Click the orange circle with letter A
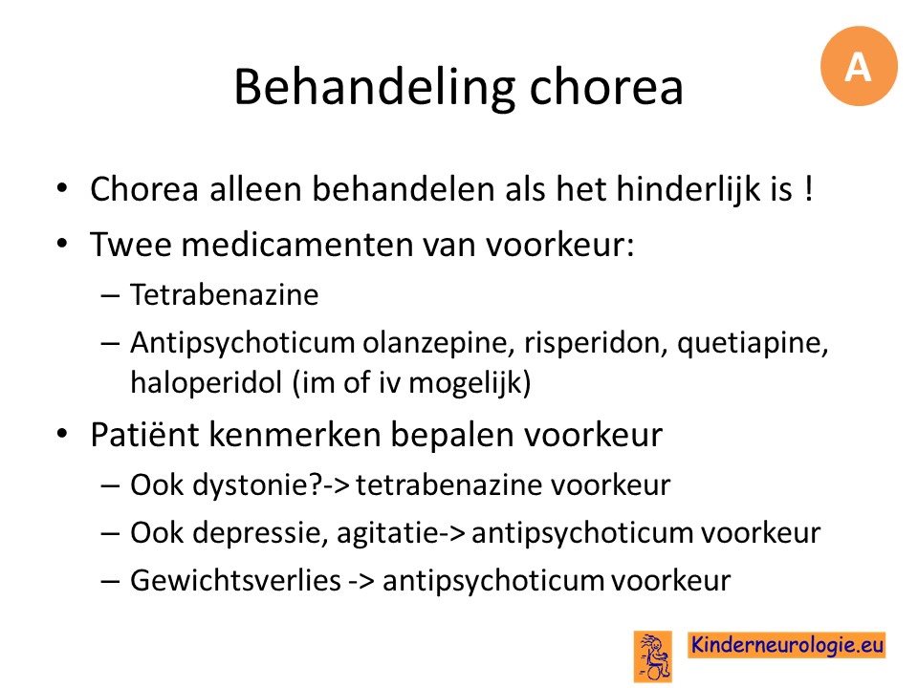[x=859, y=66]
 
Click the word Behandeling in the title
[x=374, y=87]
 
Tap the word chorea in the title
[x=606, y=87]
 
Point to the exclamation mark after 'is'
[x=809, y=189]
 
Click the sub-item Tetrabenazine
[x=224, y=294]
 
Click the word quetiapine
[x=753, y=343]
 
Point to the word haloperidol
[x=207, y=383]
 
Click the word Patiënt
[x=144, y=435]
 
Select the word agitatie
[x=387, y=533]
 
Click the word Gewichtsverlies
[x=235, y=581]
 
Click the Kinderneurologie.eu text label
[x=787, y=645]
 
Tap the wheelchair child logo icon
[x=653, y=656]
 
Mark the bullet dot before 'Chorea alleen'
[x=63, y=188]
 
